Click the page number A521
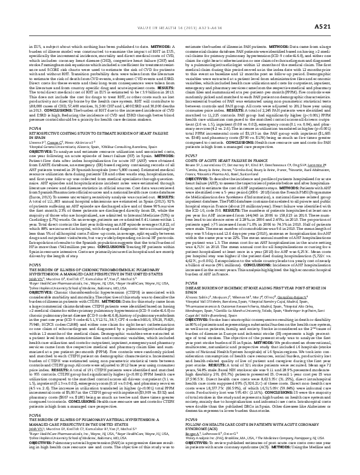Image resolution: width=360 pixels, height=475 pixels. point(339,9)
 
